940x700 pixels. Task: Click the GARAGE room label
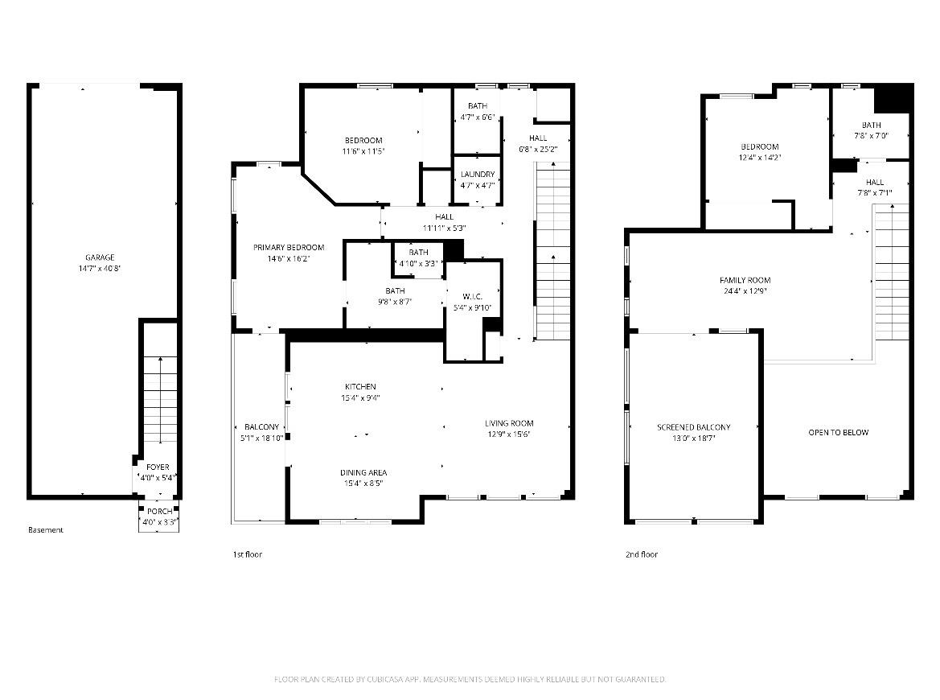[x=101, y=257]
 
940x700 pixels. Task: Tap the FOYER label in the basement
[x=158, y=467]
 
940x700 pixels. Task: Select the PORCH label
[x=158, y=512]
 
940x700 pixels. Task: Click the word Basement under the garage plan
[x=45, y=530]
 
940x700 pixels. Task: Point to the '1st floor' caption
[x=247, y=554]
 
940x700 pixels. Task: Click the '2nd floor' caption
[x=641, y=554]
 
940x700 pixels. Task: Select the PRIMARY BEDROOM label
[x=288, y=247]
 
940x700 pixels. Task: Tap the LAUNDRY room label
[x=477, y=175]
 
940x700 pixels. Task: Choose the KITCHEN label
[x=360, y=387]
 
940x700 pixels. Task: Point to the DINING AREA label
[x=363, y=472]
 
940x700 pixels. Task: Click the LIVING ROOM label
[x=508, y=423]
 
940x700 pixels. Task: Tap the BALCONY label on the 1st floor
[x=261, y=427]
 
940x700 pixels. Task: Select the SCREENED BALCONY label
[x=693, y=427]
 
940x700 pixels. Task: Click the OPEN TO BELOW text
[x=838, y=433]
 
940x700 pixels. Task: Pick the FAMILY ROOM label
[x=745, y=280]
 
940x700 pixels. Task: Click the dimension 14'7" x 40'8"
[x=101, y=269]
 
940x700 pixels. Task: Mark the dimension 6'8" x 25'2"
[x=538, y=149]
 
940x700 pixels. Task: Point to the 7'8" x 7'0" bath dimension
[x=871, y=136]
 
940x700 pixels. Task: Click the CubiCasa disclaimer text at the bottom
[x=470, y=680]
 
